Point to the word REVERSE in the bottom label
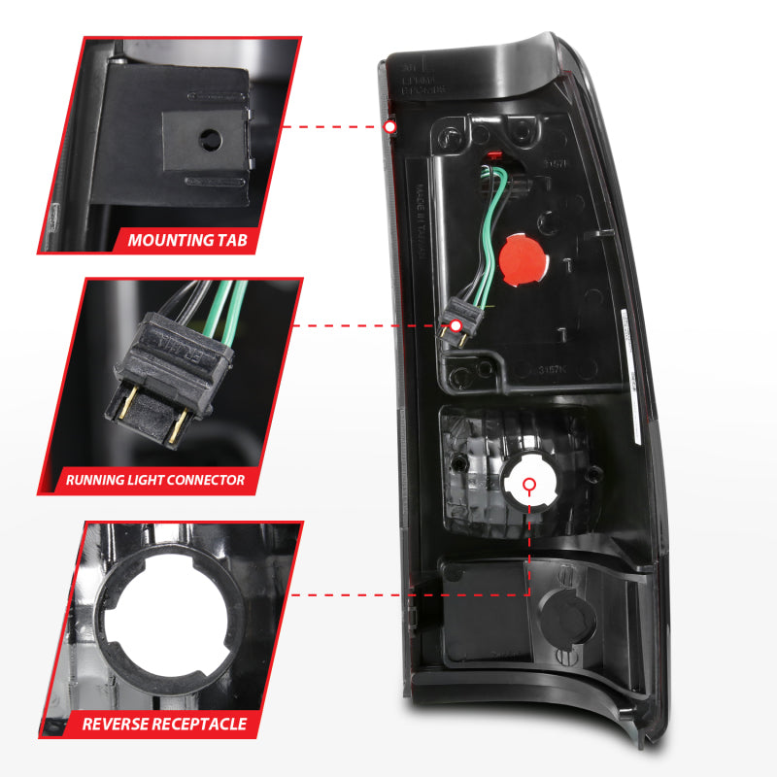119,724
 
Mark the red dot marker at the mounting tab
390,127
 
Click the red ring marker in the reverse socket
529,485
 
